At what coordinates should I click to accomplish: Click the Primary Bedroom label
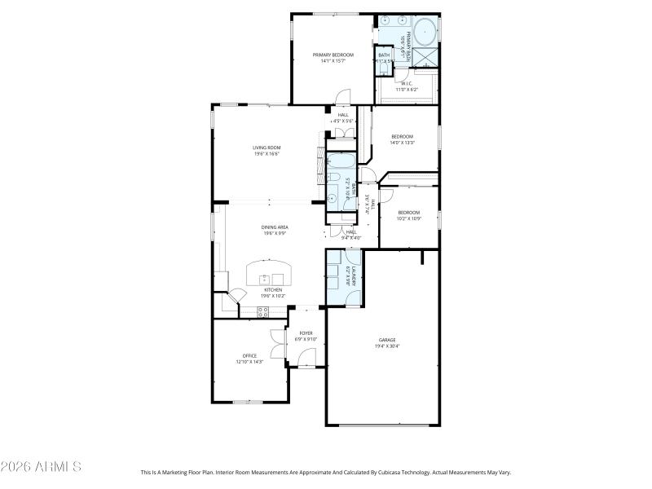pyautogui.click(x=333, y=55)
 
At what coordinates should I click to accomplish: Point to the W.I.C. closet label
pyautogui.click(x=405, y=83)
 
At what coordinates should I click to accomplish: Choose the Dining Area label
pyautogui.click(x=275, y=227)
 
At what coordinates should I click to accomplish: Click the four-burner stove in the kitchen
pyautogui.click(x=263, y=310)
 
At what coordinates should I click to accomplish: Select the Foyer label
pyautogui.click(x=306, y=333)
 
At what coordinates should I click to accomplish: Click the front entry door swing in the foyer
pyautogui.click(x=306, y=357)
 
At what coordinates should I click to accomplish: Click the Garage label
pyautogui.click(x=386, y=340)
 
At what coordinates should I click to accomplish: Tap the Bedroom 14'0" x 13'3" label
pyautogui.click(x=403, y=136)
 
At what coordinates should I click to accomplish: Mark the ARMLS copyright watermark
pyautogui.click(x=41, y=467)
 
